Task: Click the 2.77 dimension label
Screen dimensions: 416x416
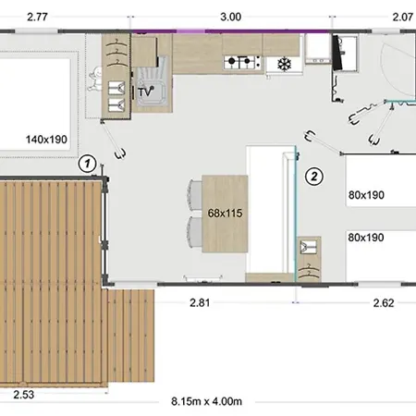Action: (x=37, y=17)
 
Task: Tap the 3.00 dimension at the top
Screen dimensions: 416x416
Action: (x=231, y=17)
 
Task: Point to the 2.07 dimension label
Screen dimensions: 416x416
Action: (x=403, y=17)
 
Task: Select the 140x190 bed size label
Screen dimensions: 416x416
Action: (x=46, y=140)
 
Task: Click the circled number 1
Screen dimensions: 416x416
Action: (x=88, y=164)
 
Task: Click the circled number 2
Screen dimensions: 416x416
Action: (x=314, y=177)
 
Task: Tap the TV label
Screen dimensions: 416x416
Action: (x=145, y=92)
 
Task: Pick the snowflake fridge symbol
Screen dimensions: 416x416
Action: (x=284, y=65)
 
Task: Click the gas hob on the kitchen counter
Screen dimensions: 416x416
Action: (x=242, y=62)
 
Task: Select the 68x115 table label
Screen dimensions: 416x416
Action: (x=225, y=213)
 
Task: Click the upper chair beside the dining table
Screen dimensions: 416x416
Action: (x=195, y=195)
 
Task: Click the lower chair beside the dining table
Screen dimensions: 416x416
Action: (x=195, y=232)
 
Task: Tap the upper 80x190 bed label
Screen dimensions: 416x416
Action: (x=366, y=195)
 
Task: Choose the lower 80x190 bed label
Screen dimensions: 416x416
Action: (x=366, y=238)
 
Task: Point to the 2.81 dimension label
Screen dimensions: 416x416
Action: (x=200, y=303)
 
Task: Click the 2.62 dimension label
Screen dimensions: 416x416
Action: (x=384, y=303)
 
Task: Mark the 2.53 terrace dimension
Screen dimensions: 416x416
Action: (x=24, y=395)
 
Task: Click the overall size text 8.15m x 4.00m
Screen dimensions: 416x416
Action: (x=206, y=401)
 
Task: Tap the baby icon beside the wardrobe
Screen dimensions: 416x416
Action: (x=95, y=79)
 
